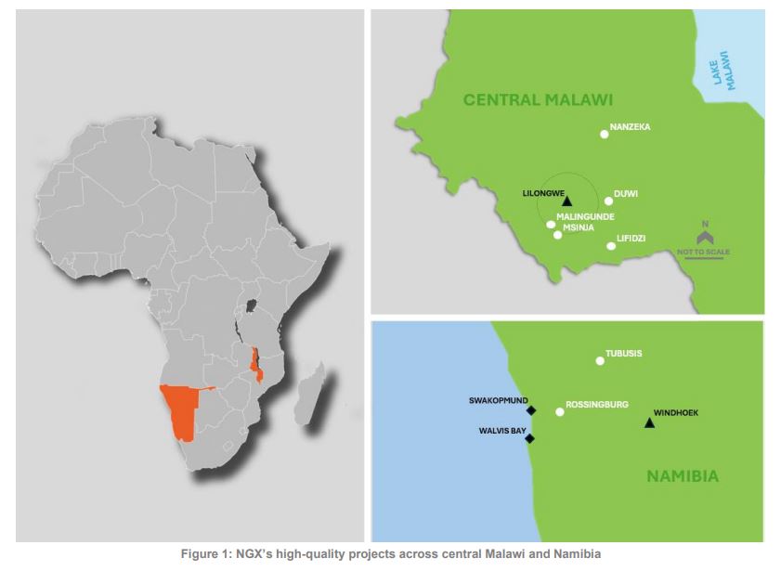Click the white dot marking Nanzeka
(x=605, y=135)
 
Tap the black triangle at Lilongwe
(x=566, y=200)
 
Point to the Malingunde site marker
(x=551, y=224)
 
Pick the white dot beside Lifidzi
(x=610, y=246)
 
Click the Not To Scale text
(x=704, y=251)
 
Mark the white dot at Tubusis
(x=600, y=361)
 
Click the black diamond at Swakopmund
(x=531, y=410)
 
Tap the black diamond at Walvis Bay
(x=529, y=438)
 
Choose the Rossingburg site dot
(x=559, y=412)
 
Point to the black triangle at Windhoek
(x=649, y=423)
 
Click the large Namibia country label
(x=683, y=476)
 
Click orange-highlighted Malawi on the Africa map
(x=255, y=364)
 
